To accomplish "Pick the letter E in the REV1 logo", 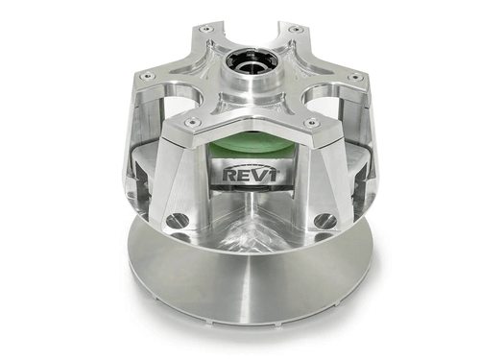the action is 244,176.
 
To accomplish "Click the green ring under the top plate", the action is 252,146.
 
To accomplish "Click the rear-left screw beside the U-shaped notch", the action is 204,30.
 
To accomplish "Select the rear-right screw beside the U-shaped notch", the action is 294,30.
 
